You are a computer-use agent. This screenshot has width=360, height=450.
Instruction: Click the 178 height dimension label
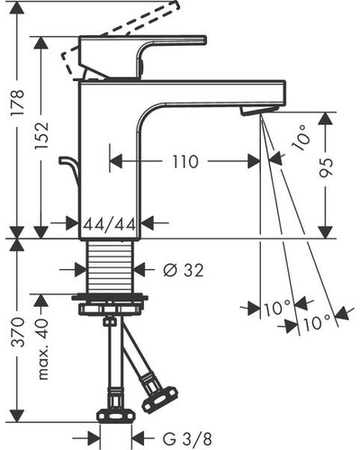[x=17, y=102]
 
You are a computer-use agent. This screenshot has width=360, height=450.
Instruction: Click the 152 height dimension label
[x=40, y=135]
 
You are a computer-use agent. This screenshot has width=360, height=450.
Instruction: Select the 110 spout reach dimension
[x=185, y=162]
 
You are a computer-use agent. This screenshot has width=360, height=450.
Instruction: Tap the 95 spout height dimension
[x=326, y=167]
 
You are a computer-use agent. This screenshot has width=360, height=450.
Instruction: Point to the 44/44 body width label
[x=110, y=224]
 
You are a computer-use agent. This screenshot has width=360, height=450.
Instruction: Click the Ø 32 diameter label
[x=184, y=270]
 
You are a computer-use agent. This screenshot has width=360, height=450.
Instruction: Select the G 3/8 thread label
[x=187, y=439]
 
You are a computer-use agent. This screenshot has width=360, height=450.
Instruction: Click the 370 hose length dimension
[x=17, y=332]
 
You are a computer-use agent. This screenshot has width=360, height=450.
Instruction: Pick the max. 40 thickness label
[x=42, y=349]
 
